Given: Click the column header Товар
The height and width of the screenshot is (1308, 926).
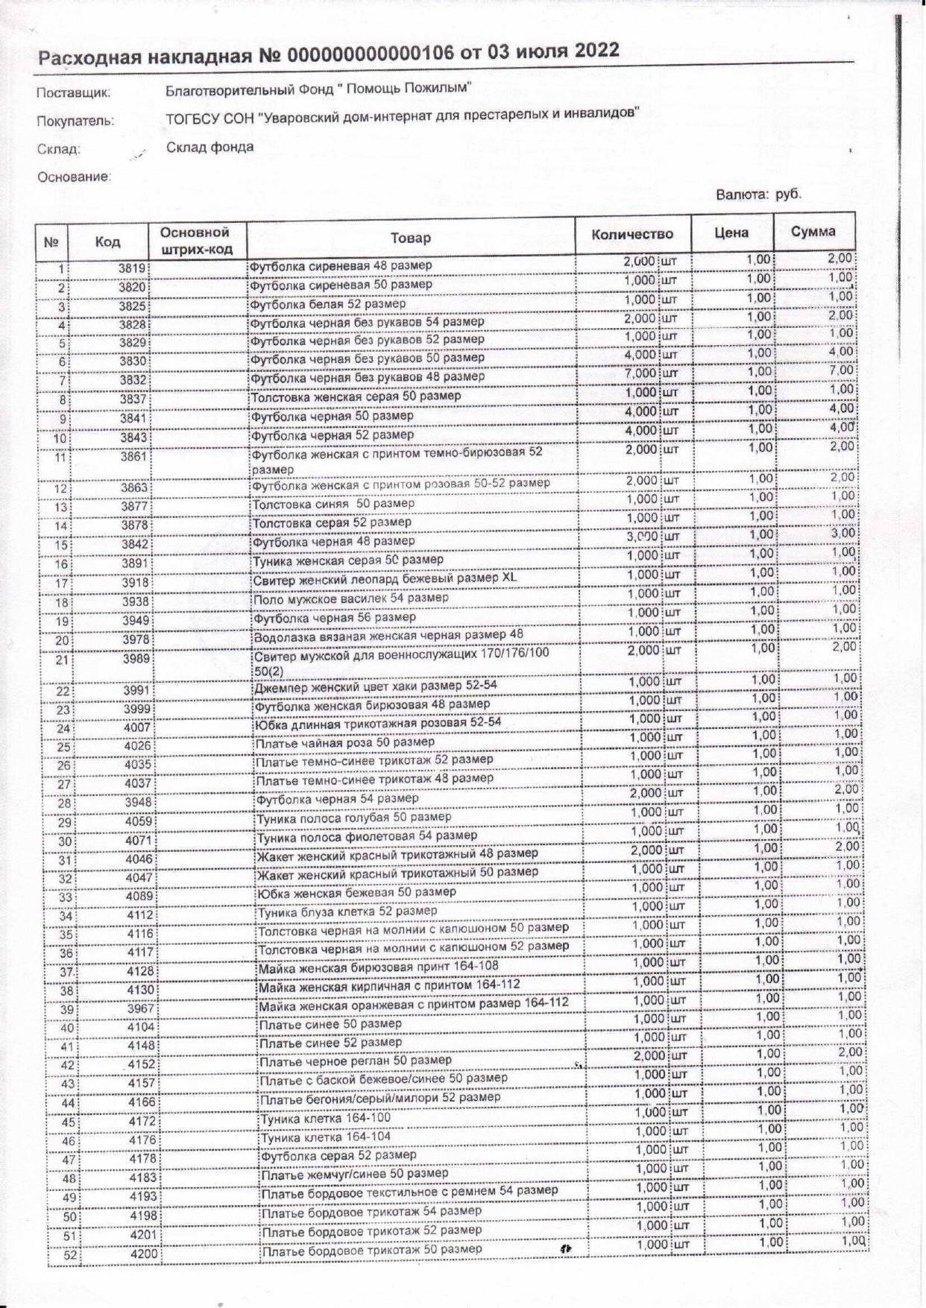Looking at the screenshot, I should coord(410,238).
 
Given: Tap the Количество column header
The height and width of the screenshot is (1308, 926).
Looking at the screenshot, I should coord(632,234).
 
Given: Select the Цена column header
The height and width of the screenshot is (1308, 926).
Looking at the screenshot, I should coord(731,233).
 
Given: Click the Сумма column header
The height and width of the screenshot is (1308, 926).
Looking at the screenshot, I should coord(813,232).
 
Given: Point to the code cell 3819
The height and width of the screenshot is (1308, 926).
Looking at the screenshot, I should coord(134,269).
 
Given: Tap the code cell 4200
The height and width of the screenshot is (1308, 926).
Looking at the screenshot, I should coord(143,1254).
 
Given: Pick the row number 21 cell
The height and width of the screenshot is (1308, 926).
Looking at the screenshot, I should coord(61,660).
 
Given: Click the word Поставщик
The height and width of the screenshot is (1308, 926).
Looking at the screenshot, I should coord(74,93).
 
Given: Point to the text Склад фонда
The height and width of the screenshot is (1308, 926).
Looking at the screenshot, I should coord(210,147).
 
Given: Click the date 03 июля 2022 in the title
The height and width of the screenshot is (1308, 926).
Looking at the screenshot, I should coord(553,51).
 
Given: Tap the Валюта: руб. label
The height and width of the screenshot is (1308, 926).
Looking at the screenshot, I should coord(758,195).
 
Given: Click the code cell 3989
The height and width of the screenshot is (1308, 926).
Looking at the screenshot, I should coord(137,659).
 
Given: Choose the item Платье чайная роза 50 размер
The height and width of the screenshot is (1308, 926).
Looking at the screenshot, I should coord(344,742).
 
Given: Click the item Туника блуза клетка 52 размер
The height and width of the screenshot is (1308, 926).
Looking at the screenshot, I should coord(347,912).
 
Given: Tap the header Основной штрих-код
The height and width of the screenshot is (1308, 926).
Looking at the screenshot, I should coord(196,241).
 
